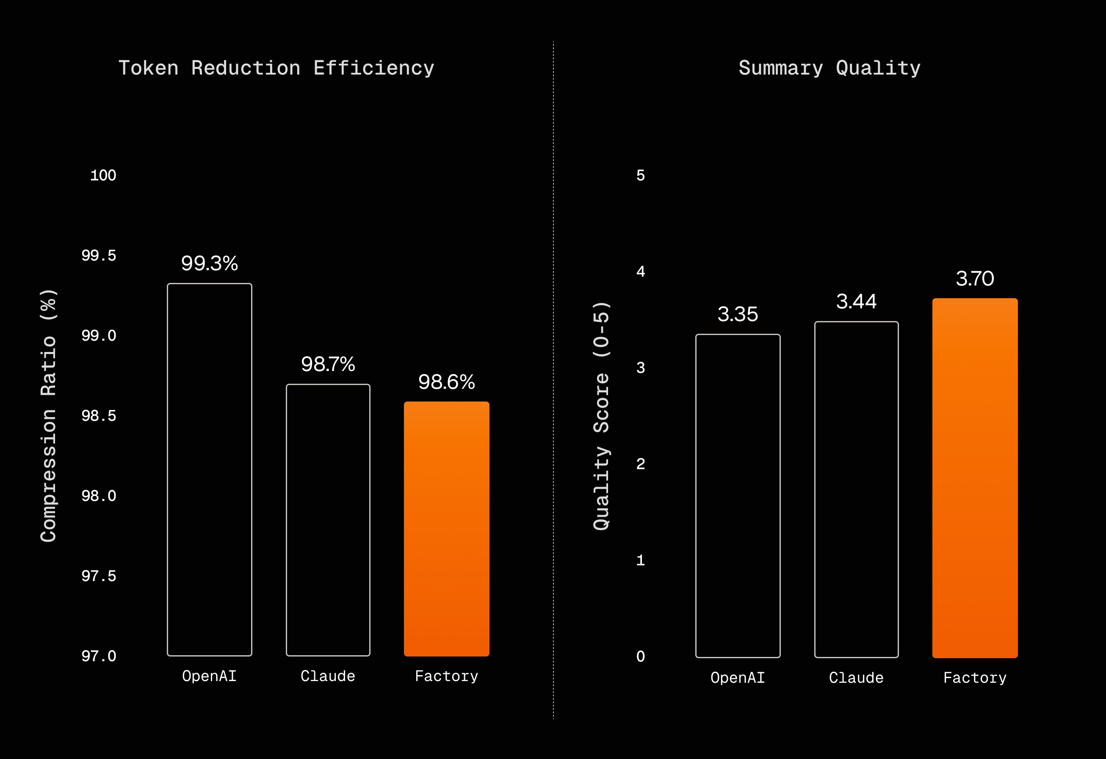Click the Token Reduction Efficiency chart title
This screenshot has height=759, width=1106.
276,68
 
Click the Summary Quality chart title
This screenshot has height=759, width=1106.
829,68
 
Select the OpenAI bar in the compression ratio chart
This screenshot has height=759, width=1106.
210,469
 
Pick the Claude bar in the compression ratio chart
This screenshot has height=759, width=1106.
328,520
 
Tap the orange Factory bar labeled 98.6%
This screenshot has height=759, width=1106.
446,529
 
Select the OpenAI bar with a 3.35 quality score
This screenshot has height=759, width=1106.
738,496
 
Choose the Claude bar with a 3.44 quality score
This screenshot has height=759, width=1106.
856,490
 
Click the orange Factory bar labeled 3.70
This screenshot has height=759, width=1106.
975,478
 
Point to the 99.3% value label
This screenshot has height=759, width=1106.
210,263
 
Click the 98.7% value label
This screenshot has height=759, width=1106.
328,364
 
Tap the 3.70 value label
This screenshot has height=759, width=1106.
975,279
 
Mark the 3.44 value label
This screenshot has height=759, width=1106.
856,302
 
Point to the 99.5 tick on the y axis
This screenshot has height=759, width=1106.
99,256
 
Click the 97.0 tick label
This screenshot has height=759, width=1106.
99,656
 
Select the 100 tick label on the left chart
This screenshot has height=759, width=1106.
103,176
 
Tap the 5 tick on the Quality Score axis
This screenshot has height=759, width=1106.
641,176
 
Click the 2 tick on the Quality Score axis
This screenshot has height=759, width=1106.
641,464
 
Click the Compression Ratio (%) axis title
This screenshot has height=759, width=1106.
49,415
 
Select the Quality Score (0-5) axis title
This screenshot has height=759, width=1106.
601,416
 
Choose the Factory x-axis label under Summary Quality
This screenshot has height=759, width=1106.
975,678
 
